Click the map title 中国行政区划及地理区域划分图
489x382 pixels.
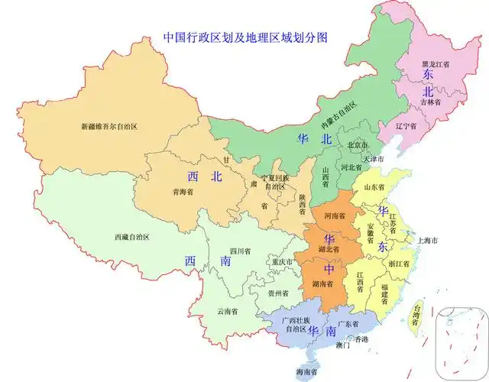[245, 37]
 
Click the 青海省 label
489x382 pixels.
[183, 192]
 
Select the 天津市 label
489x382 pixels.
[374, 159]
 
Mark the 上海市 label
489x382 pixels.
[426, 240]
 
